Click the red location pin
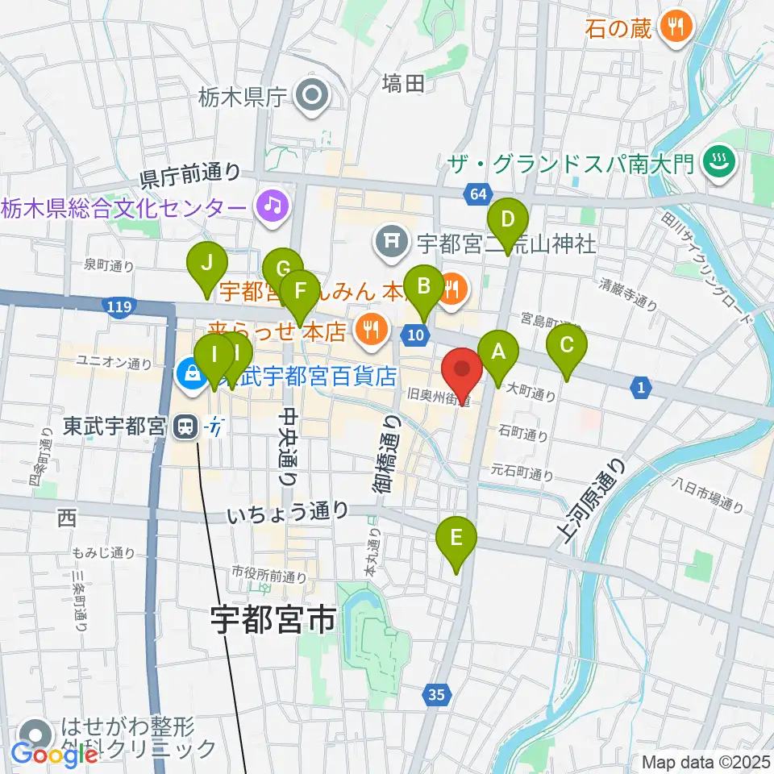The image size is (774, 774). tap(462, 372)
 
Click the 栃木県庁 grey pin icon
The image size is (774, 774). tap(310, 98)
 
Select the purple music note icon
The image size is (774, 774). tap(273, 206)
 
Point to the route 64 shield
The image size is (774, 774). tap(476, 194)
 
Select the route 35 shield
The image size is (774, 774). tap(436, 693)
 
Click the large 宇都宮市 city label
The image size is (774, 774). tap(273, 620)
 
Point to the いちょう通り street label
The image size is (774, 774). tap(288, 510)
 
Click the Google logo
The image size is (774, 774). tap(55, 755)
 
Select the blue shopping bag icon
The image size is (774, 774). tap(192, 374)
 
